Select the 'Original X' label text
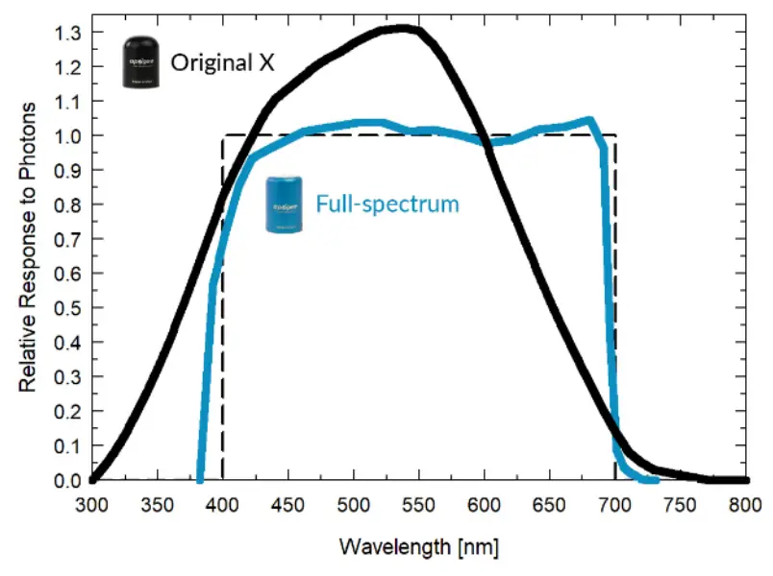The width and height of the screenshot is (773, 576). tap(222, 63)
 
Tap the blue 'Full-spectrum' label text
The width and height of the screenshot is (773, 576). tap(387, 204)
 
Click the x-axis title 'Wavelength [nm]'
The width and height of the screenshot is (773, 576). tap(419, 547)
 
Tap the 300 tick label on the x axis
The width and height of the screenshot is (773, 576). tap(92, 504)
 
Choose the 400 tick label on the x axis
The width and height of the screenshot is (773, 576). tap(223, 504)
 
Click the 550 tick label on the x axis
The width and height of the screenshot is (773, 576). tap(419, 504)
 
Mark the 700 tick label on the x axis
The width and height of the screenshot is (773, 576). tap(615, 504)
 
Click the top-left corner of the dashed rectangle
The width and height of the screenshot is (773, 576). tap(223, 136)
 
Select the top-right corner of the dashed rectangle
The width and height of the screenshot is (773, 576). tap(615, 136)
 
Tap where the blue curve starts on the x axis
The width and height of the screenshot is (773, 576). tap(200, 479)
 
